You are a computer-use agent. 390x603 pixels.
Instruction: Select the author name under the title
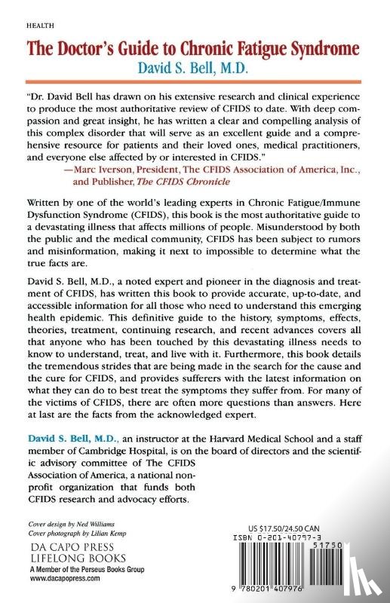pyautogui.click(x=194, y=69)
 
